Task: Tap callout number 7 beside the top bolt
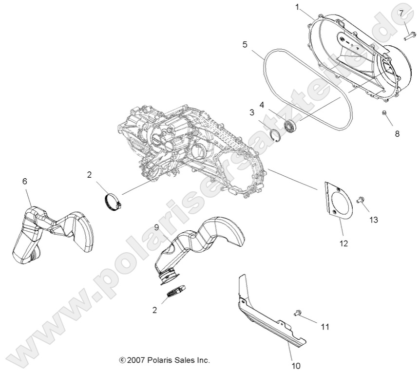401,13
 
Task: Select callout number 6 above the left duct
25,181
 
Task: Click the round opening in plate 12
342,203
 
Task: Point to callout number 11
324,327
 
